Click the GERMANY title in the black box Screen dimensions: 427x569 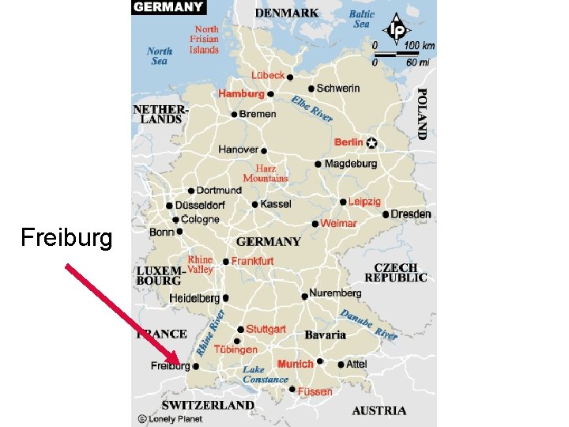point(168,7)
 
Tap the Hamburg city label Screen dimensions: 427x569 point(241,93)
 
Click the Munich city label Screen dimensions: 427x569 point(295,365)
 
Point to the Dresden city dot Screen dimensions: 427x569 point(386,214)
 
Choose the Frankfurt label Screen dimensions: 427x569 point(253,261)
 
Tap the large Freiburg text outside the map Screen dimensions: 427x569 point(66,237)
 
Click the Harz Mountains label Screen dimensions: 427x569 point(266,173)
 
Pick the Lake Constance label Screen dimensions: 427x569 point(264,375)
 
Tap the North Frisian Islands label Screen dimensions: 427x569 point(205,40)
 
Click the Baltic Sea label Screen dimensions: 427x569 point(361,19)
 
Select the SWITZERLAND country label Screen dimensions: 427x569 point(208,405)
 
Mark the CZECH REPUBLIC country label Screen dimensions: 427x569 point(396,273)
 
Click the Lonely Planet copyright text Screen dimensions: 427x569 point(170,418)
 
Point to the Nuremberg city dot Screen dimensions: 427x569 point(305,297)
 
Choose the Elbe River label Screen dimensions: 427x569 point(311,108)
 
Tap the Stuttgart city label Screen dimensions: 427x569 point(266,329)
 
